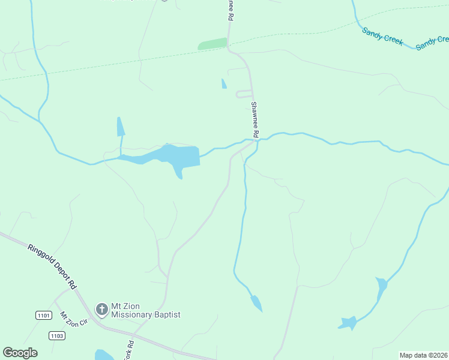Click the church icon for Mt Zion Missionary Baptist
pos(102,310)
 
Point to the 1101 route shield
pos(43,316)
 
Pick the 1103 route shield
pos(56,335)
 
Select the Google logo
pos(20,353)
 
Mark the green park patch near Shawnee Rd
pos(212,44)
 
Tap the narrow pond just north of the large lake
pos(121,127)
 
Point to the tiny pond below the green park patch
pos(224,84)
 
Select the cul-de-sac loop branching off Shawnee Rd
pos(244,94)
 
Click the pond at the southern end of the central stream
pos(256,303)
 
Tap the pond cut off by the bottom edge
pos(104,355)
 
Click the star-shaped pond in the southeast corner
pos(348,323)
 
